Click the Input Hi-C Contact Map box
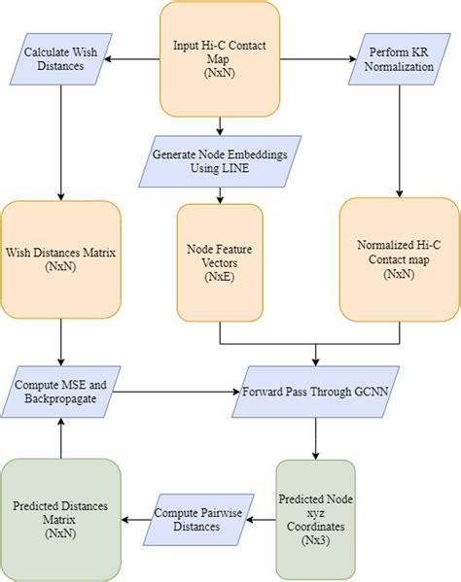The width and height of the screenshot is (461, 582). coord(220,56)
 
